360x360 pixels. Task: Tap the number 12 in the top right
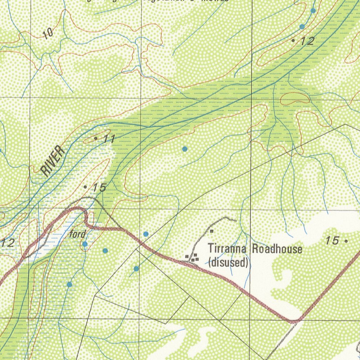[307, 41]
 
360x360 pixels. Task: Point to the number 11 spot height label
[109, 139]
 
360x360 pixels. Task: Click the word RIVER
[53, 161]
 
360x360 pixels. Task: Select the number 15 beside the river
[99, 188]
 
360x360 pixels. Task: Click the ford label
[77, 234]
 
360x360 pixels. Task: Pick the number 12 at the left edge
[8, 243]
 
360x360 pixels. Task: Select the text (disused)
[229, 262]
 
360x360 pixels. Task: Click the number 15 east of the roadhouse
[332, 241]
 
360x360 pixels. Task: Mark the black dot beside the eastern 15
[346, 242]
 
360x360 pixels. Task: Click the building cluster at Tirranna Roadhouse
[192, 258]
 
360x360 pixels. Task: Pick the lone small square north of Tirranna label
[212, 231]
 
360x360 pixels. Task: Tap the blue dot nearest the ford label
[85, 244]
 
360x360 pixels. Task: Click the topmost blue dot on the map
[313, 11]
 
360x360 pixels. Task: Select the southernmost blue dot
[70, 284]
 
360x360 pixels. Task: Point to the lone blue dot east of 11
[185, 149]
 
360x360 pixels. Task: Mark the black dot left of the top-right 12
[293, 41]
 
